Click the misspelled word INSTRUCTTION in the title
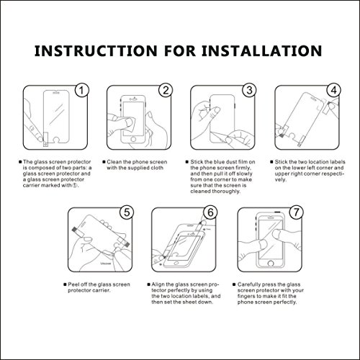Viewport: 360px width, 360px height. pyautogui.click(x=96, y=51)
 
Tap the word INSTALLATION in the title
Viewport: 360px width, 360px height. pyautogui.click(x=262, y=51)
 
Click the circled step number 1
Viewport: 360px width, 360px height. pyautogui.click(x=82, y=91)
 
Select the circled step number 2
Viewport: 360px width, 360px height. pyautogui.click(x=166, y=91)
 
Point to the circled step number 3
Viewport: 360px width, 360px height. pyautogui.click(x=249, y=91)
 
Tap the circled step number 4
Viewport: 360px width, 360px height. pyautogui.click(x=334, y=91)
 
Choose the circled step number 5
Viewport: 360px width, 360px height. pyautogui.click(x=127, y=212)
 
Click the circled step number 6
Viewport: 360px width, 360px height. pyautogui.click(x=210, y=212)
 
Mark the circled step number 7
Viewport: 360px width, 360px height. pyautogui.click(x=296, y=212)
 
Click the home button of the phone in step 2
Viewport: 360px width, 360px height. pyautogui.click(x=133, y=139)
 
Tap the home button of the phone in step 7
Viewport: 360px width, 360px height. pyautogui.click(x=271, y=263)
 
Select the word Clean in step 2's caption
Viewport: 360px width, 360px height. pyautogui.click(x=114, y=162)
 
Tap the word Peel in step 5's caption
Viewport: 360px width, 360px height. pyautogui.click(x=73, y=284)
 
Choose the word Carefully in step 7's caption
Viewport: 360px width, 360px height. pyautogui.click(x=249, y=284)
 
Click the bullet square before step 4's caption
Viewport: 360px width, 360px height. pyautogui.click(x=271, y=162)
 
